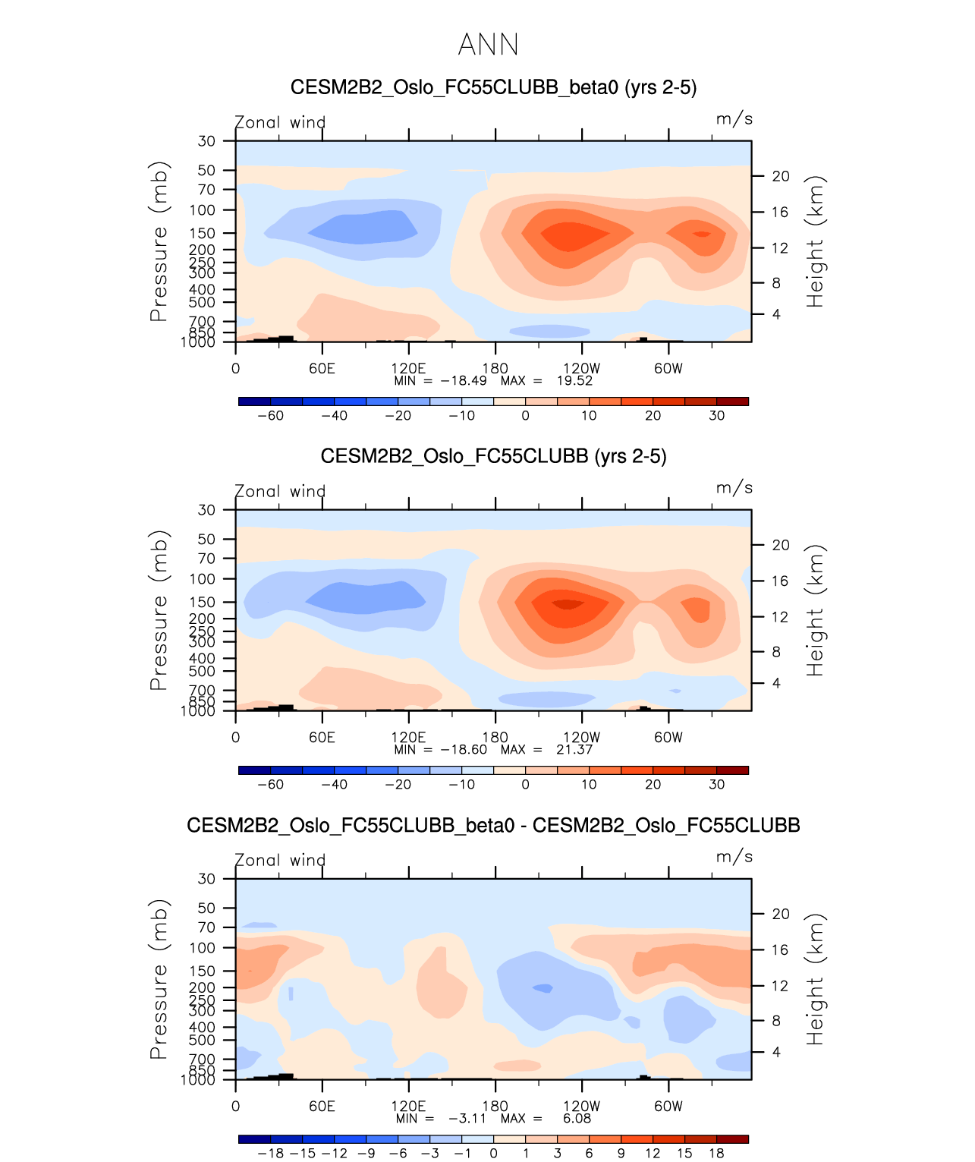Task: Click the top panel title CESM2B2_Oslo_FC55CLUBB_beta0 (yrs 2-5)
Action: (x=493, y=87)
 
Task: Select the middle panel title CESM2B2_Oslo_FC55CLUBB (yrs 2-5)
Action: (x=493, y=456)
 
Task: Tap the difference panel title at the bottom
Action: (x=493, y=825)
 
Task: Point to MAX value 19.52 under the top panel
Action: (x=574, y=381)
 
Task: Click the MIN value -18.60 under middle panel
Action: (x=464, y=750)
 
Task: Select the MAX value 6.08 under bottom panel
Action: (x=577, y=1119)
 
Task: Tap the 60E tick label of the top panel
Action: (x=322, y=369)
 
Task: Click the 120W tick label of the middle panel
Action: (x=582, y=738)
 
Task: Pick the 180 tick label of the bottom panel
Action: (x=495, y=1107)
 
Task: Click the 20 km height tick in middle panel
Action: (x=781, y=545)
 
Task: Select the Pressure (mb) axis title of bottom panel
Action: (x=159, y=979)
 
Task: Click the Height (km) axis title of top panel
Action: (x=815, y=241)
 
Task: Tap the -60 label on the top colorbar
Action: (x=270, y=416)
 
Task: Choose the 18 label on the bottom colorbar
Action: (x=716, y=1154)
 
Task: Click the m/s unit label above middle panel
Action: (x=734, y=488)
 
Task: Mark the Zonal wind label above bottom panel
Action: (x=280, y=860)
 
